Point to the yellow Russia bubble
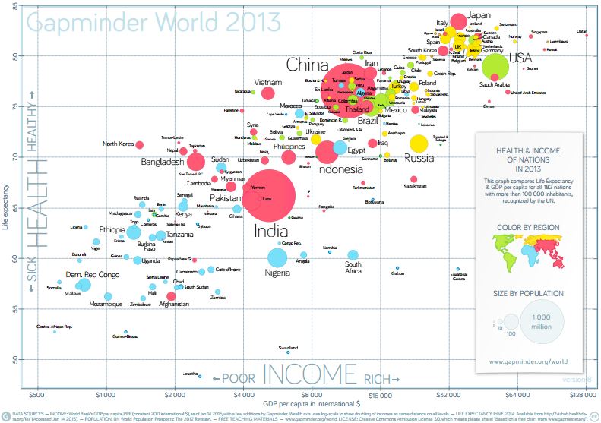tap(419, 143)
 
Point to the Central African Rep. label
tap(54, 327)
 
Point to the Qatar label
tap(583, 31)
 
